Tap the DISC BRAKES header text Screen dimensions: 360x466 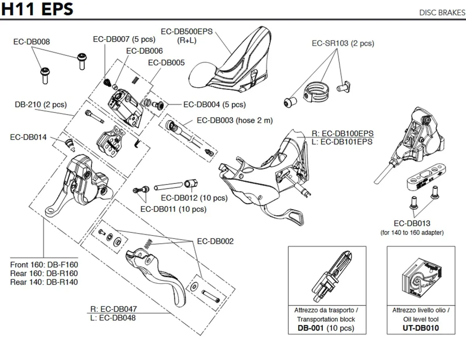coord(442,12)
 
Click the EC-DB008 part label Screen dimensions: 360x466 coord(31,42)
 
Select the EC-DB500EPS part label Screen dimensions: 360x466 coord(187,32)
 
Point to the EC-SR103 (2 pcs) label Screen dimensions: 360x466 coord(343,43)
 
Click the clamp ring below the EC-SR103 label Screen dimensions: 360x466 coord(316,92)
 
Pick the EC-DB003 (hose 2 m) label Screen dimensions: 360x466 coord(235,120)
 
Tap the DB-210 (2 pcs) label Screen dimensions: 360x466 coord(41,104)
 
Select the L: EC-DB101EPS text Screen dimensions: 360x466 coord(342,142)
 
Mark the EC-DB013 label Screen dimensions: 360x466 coord(412,223)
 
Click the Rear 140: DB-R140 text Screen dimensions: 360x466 coord(44,282)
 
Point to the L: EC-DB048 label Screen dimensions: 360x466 coord(113,318)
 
